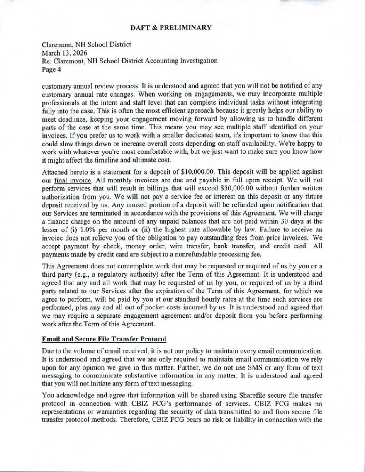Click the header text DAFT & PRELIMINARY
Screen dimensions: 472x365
tap(171, 28)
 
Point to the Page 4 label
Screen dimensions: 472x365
tap(52, 69)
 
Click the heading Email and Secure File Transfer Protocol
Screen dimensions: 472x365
tap(104, 339)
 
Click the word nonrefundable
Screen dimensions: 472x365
tap(201, 255)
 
